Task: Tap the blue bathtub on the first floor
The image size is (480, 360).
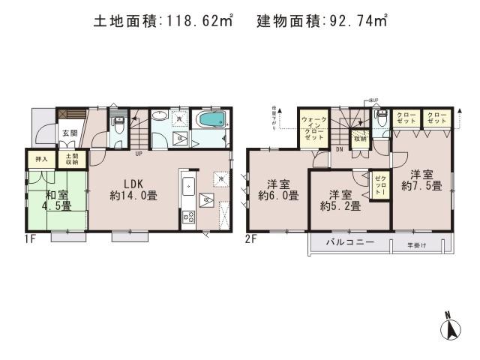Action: [211, 121]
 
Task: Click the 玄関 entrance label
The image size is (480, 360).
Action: [69, 133]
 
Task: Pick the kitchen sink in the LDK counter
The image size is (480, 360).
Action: [188, 187]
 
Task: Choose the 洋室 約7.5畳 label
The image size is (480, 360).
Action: [424, 179]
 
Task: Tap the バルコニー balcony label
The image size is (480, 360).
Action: [349, 243]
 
